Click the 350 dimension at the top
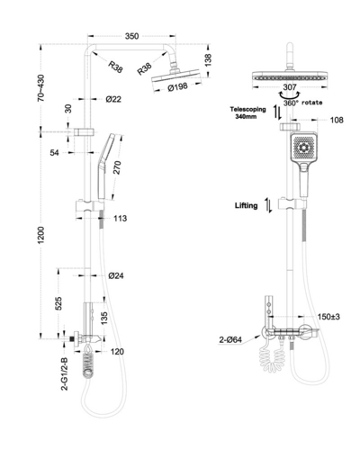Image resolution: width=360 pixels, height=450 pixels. [x=131, y=36]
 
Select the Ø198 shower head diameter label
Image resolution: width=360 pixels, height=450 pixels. [x=178, y=87]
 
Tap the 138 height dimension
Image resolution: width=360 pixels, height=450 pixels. [x=208, y=60]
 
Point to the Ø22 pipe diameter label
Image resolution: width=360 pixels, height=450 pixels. [x=113, y=99]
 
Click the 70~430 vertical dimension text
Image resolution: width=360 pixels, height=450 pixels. [x=40, y=88]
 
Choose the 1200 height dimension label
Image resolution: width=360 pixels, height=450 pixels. [x=40, y=235]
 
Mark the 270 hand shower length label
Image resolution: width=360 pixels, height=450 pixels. [x=117, y=167]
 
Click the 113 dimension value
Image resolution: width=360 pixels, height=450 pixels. [x=120, y=218]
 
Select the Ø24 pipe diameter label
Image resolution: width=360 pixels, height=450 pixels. [x=116, y=275]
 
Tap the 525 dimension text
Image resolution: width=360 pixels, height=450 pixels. [x=58, y=303]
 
